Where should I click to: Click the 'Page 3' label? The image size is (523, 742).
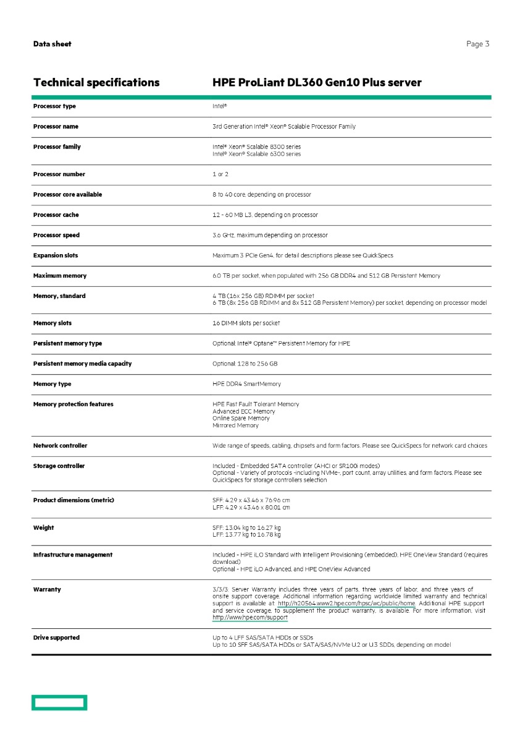478,44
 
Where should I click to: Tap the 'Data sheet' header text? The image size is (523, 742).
52,44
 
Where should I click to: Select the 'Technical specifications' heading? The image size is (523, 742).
96,83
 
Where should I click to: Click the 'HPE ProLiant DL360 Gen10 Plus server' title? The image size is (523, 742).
317,83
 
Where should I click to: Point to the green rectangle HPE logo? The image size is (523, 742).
60,702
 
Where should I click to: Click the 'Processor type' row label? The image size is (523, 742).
54,106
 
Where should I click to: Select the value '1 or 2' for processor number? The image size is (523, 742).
220,174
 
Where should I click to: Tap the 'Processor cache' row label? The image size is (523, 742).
56,215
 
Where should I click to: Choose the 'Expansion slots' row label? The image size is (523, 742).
56,255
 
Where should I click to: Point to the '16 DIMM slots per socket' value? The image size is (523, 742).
246,323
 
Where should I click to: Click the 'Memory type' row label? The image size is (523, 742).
52,384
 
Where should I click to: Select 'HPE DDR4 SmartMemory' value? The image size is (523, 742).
246,384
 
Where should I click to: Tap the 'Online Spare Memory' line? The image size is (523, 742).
241,419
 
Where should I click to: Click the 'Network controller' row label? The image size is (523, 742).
60,446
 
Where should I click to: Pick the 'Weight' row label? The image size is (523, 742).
43,528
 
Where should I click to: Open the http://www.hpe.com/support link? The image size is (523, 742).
249,618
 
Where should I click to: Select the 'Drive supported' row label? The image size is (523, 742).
56,638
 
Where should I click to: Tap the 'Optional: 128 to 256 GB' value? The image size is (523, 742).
245,364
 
